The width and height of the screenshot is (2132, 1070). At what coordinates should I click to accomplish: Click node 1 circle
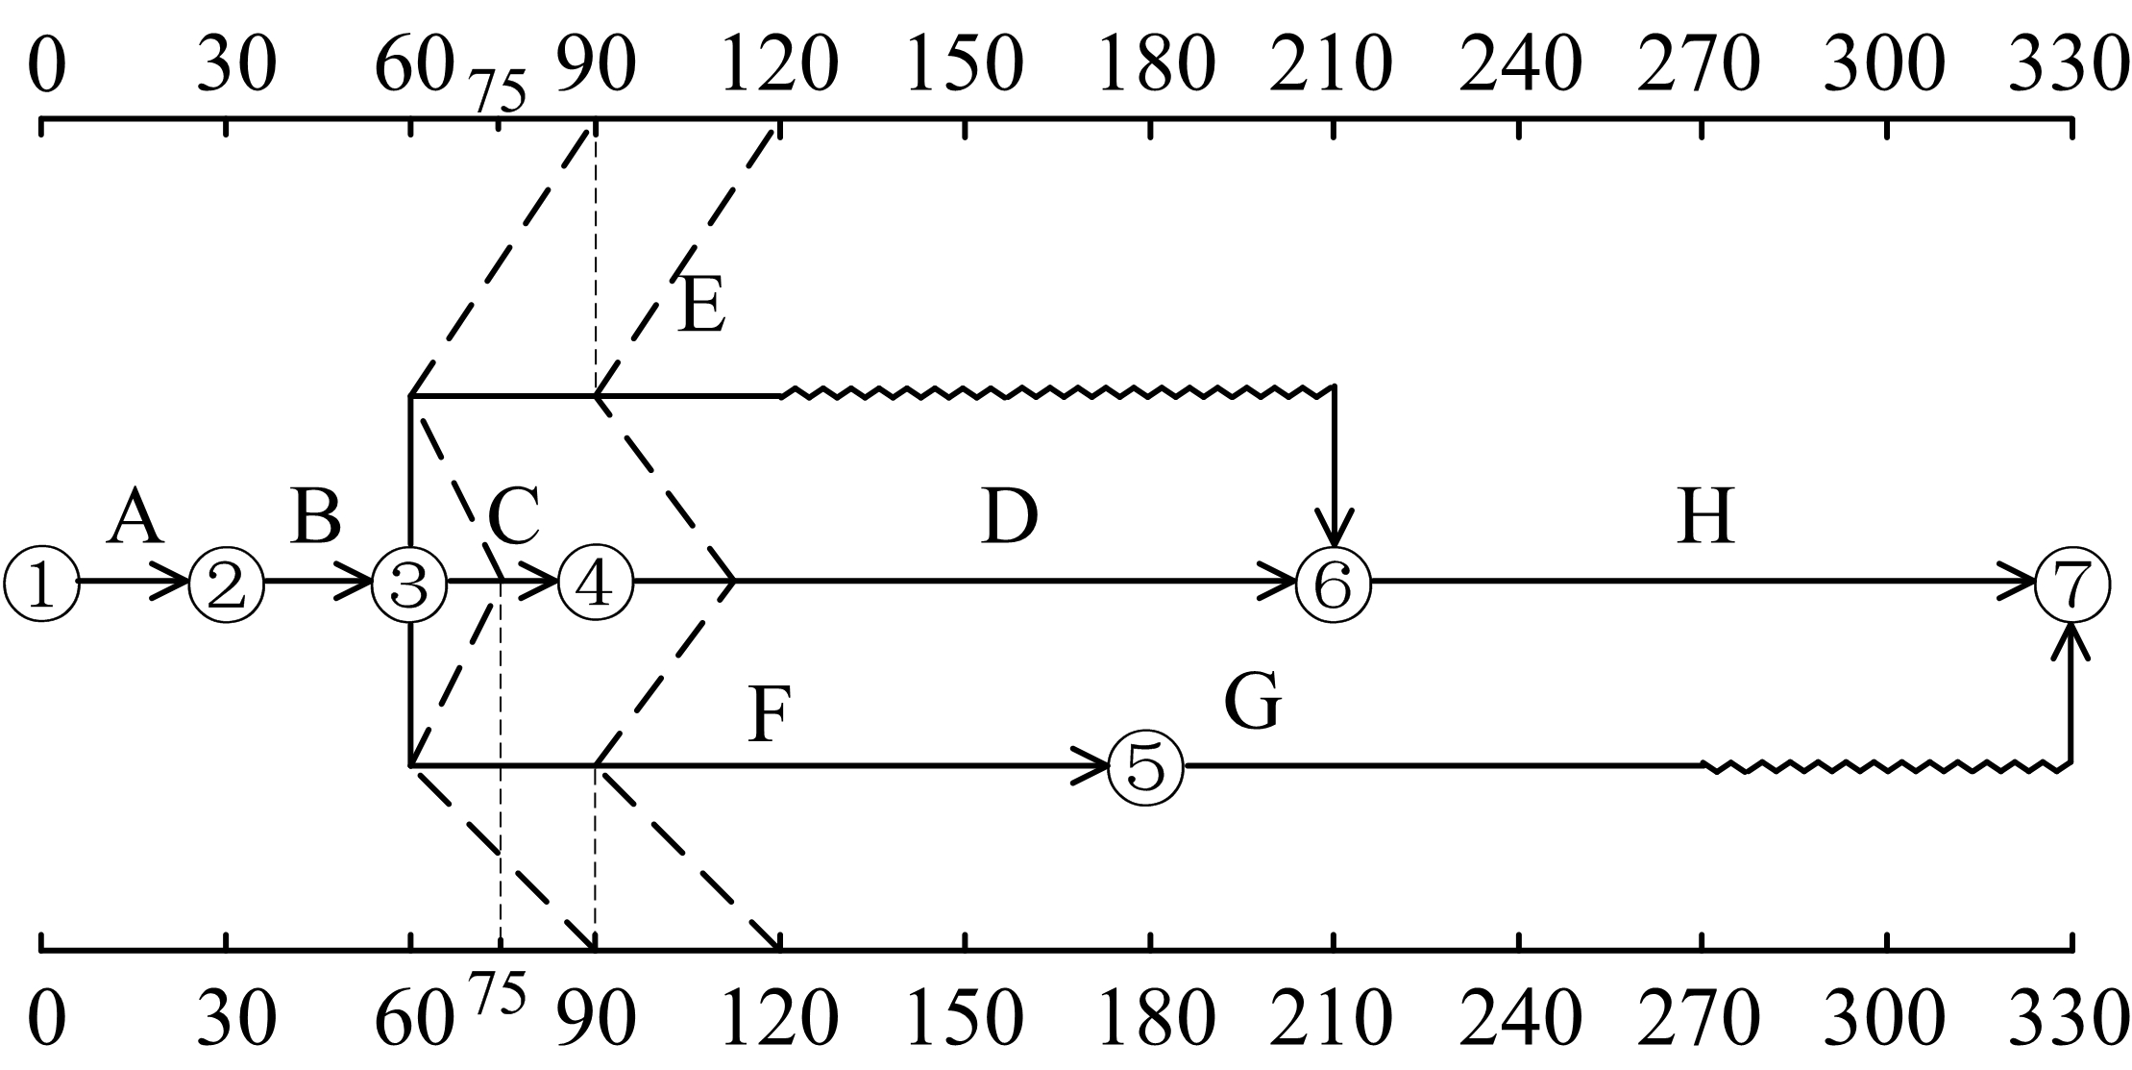41,584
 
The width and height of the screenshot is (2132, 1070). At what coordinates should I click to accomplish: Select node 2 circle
226,584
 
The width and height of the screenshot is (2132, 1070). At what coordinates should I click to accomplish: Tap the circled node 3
410,584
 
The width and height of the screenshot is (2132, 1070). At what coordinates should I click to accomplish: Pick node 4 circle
596,584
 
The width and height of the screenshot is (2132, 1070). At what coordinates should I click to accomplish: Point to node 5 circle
1146,767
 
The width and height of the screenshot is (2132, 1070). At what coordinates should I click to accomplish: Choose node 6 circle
1334,584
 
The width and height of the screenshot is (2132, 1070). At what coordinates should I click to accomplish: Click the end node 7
2072,584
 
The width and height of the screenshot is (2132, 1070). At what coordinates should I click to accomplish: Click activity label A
135,517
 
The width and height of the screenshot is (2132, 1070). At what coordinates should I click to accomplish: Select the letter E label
700,307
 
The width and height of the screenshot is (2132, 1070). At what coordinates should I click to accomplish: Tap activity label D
1010,517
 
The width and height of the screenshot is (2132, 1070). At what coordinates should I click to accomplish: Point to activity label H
1705,517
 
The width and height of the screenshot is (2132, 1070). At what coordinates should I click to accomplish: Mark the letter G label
1253,702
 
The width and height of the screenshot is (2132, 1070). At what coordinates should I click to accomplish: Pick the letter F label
769,716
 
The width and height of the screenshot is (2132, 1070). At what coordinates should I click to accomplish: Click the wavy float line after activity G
1885,767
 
